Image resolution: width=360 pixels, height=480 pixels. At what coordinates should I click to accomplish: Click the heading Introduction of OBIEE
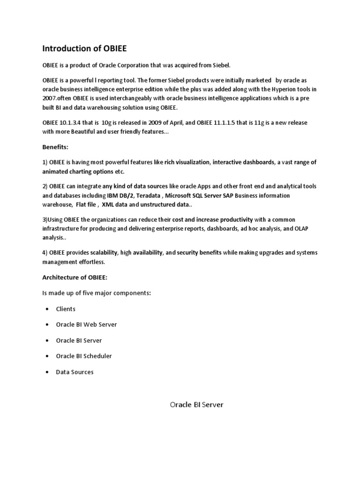click(x=84, y=48)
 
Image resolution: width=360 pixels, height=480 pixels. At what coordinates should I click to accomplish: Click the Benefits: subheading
click(x=55, y=147)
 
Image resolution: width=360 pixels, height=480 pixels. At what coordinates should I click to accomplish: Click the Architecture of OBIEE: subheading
click(x=75, y=277)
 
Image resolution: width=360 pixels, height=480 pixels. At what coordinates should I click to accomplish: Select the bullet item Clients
click(x=66, y=309)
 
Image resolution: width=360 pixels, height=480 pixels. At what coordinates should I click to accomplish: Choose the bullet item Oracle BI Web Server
click(x=86, y=324)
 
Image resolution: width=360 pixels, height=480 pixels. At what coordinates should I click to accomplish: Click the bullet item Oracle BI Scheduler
click(x=84, y=356)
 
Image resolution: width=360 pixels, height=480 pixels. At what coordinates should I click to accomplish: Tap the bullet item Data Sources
click(x=75, y=372)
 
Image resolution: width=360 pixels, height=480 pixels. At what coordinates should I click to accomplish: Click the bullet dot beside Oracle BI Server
click(x=47, y=341)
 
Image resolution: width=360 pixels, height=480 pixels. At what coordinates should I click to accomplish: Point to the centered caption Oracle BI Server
click(x=196, y=405)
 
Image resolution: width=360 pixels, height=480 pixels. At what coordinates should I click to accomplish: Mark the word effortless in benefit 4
click(x=89, y=262)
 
